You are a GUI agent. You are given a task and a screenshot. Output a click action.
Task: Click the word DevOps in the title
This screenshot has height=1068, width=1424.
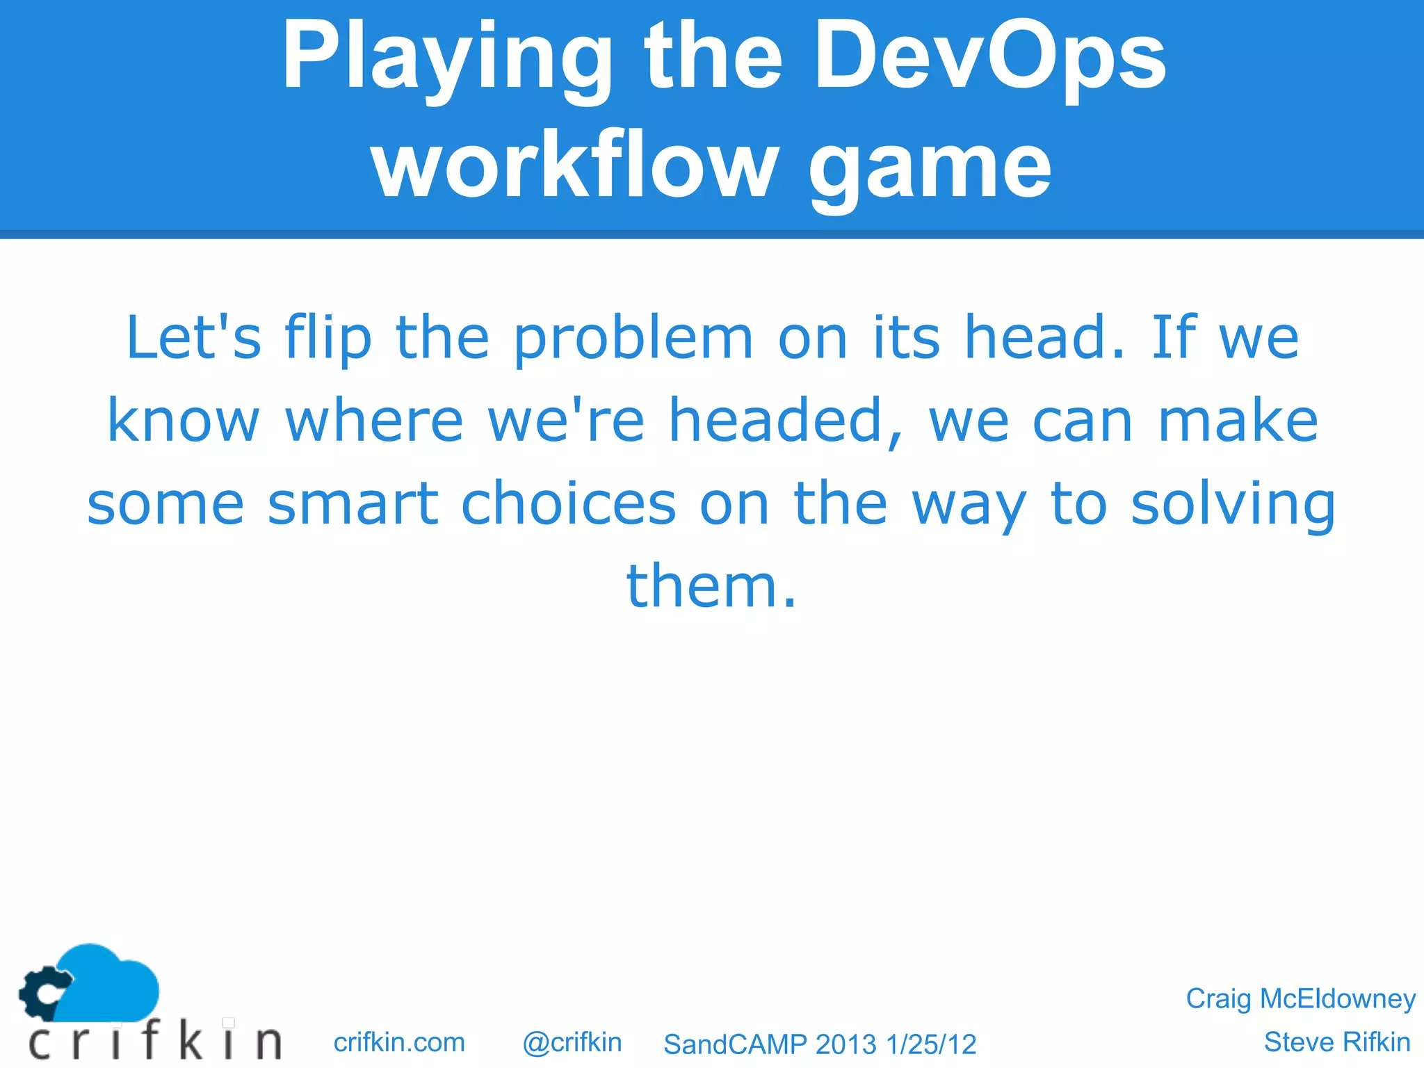click(x=990, y=57)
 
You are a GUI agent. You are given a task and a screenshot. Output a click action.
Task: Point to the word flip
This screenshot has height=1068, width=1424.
click(x=328, y=339)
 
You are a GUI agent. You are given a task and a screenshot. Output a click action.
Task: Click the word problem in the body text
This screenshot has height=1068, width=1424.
click(x=633, y=339)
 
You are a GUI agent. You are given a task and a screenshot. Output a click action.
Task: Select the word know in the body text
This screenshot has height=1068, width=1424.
click(x=184, y=421)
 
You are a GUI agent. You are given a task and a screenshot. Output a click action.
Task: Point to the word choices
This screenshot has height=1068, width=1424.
click(x=568, y=503)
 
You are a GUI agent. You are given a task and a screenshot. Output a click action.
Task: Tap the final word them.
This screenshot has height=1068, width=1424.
click(x=711, y=586)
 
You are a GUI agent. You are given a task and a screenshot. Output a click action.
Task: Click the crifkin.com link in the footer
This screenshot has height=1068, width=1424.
click(x=399, y=1042)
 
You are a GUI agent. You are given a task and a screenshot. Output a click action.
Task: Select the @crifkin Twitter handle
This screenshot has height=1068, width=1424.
click(x=572, y=1042)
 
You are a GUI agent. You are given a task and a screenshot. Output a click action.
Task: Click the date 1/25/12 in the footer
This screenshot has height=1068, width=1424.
click(x=931, y=1044)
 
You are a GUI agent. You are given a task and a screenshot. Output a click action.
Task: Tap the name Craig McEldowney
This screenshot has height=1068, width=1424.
click(x=1300, y=998)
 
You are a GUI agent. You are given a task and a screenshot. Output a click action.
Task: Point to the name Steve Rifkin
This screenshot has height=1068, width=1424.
click(x=1336, y=1042)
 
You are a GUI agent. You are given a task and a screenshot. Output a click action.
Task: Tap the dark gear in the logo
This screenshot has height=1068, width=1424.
click(x=42, y=993)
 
